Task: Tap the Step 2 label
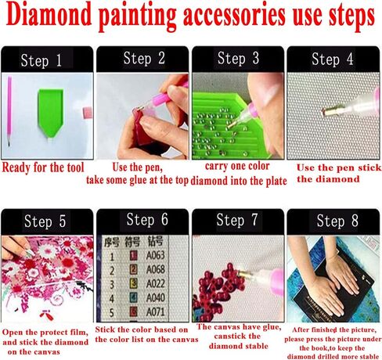(x=144, y=58)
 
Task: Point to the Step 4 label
(x=332, y=59)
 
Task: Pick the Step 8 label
(x=332, y=221)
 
